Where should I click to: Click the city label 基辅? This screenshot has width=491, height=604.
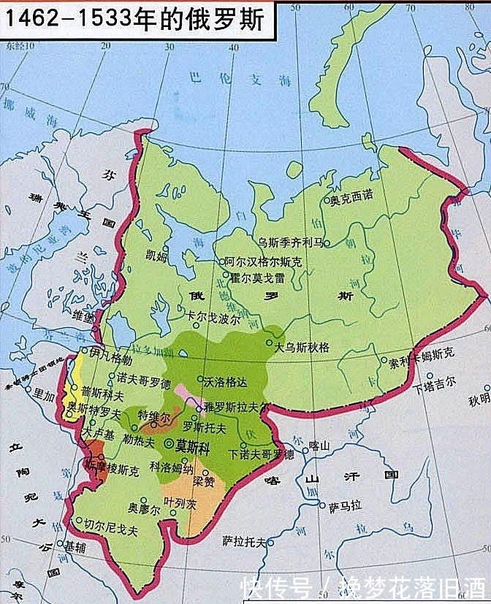point(75,546)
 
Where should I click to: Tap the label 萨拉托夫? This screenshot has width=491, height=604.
point(244,541)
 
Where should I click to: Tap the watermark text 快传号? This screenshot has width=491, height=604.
point(277,587)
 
